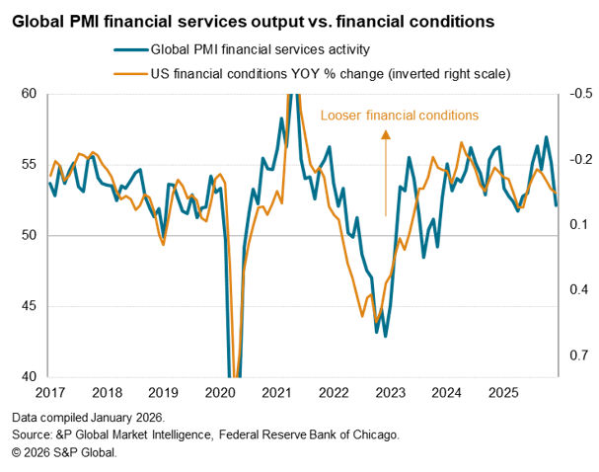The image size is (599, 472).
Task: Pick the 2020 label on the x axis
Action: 219,391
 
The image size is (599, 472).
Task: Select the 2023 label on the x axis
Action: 391,391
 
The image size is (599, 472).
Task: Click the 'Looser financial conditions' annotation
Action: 399,116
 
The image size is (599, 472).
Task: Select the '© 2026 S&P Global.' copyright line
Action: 63,451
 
